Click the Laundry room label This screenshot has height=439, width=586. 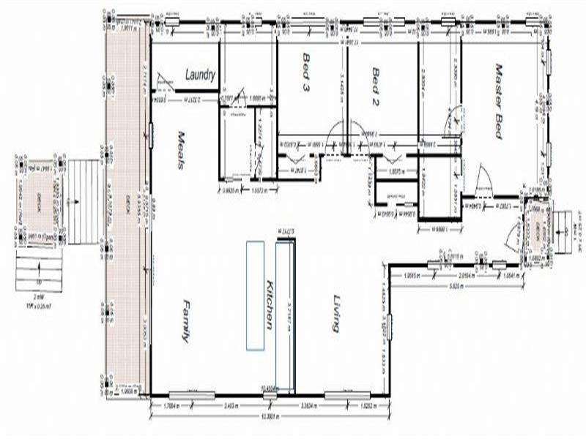(x=199, y=74)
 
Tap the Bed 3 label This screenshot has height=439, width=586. (x=305, y=72)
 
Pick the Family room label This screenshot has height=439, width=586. (x=185, y=322)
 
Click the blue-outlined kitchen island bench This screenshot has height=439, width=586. (x=255, y=295)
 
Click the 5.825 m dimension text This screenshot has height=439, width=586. (x=455, y=286)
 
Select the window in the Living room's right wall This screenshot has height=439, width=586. (x=391, y=326)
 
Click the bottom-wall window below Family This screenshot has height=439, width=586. (x=192, y=395)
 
